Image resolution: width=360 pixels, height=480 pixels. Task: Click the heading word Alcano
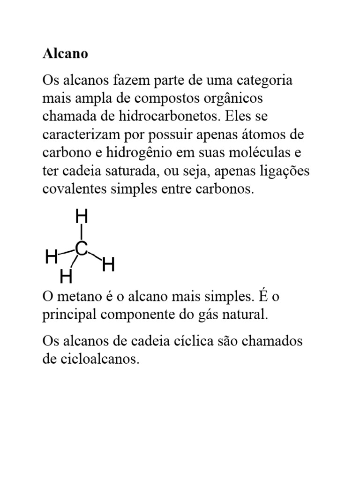(65, 53)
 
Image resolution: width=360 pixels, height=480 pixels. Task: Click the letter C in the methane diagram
(81, 249)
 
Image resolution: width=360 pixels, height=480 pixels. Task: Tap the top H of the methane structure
(82, 218)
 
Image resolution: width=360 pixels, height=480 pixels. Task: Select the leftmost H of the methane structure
(52, 257)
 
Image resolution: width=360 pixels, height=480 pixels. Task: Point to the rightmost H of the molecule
(108, 265)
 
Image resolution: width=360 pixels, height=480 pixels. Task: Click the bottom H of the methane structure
(66, 277)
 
